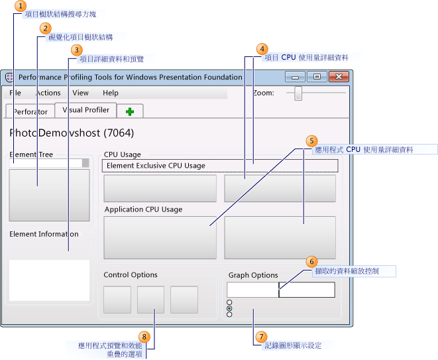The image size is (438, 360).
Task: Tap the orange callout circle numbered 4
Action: click(x=262, y=49)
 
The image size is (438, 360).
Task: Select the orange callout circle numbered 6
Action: click(x=312, y=262)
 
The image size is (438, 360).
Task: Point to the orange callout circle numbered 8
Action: click(x=146, y=337)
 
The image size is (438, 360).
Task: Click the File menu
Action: click(x=15, y=93)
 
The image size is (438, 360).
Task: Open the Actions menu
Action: click(x=48, y=93)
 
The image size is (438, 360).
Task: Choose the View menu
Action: click(x=80, y=93)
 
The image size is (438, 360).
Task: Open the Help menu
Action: click(x=111, y=93)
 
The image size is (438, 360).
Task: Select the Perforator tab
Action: click(x=30, y=111)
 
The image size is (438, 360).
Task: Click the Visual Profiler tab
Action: click(x=86, y=110)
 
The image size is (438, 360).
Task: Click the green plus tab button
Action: click(x=130, y=111)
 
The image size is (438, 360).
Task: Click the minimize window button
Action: click(x=296, y=76)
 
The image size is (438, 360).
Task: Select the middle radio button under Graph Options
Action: click(x=229, y=308)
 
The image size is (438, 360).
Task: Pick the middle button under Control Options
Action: click(x=150, y=300)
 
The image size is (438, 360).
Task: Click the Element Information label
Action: click(x=44, y=234)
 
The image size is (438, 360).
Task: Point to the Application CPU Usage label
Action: click(x=143, y=210)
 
